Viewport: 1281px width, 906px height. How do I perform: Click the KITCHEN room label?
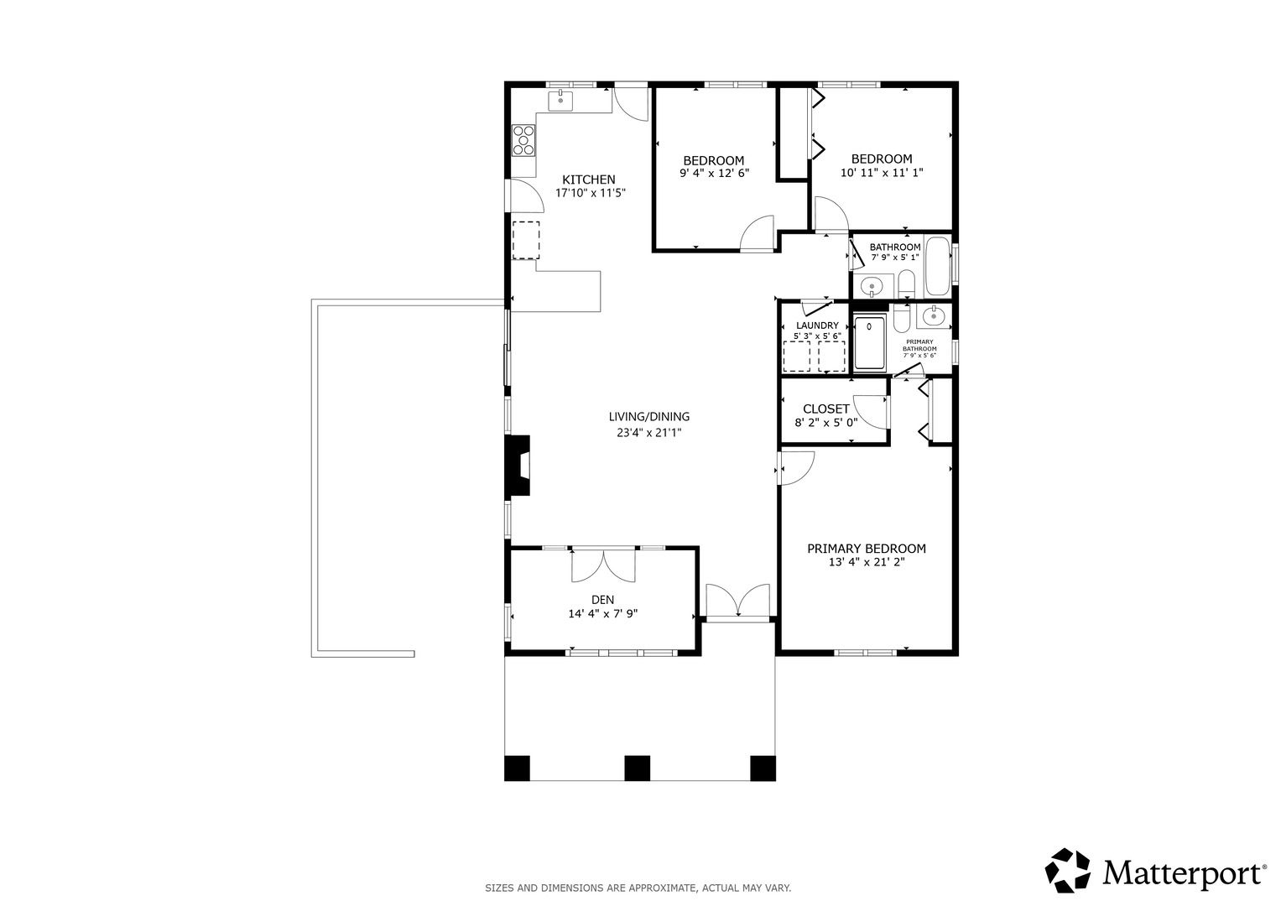point(588,180)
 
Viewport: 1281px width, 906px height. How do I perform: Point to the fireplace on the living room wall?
point(517,465)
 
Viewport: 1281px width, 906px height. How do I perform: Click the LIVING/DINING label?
point(649,417)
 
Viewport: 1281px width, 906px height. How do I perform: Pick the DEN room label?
point(603,600)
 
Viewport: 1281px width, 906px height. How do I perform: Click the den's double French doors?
point(603,566)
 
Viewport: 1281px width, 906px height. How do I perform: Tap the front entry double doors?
point(737,601)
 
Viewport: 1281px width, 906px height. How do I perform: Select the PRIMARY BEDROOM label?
point(867,549)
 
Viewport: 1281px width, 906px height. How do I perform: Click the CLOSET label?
point(825,409)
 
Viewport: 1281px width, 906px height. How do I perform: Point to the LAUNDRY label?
point(817,325)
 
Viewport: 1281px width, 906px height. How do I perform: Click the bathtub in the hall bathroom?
point(938,266)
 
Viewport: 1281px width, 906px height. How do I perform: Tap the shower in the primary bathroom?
point(870,344)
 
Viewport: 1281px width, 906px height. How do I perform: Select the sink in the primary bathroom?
point(934,315)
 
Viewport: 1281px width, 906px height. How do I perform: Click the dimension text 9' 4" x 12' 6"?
point(714,174)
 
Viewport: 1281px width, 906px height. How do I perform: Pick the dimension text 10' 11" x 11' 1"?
point(881,172)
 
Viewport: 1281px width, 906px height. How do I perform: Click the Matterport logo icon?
point(1067,871)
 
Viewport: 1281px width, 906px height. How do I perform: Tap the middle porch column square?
point(637,768)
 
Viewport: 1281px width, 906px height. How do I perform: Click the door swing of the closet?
point(871,412)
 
